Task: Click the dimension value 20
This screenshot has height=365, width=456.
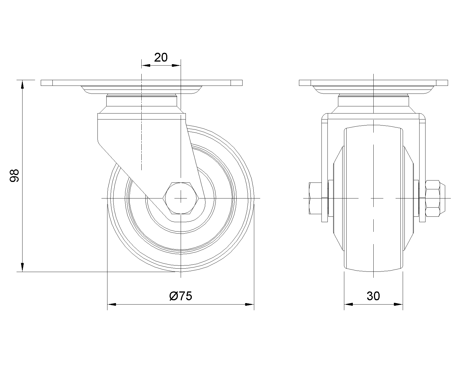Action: click(161, 57)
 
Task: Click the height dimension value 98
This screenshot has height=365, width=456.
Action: click(15, 175)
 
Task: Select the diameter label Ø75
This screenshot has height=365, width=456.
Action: click(181, 296)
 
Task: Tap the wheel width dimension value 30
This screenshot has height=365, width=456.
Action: click(373, 296)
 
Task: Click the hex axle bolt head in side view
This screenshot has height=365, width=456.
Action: click(181, 198)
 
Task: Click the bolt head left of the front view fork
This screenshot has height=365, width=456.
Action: click(315, 198)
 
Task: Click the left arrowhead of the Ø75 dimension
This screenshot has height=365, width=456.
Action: click(112, 305)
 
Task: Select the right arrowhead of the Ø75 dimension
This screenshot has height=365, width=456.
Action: click(249, 305)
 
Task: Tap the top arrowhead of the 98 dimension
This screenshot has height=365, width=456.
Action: click(22, 84)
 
